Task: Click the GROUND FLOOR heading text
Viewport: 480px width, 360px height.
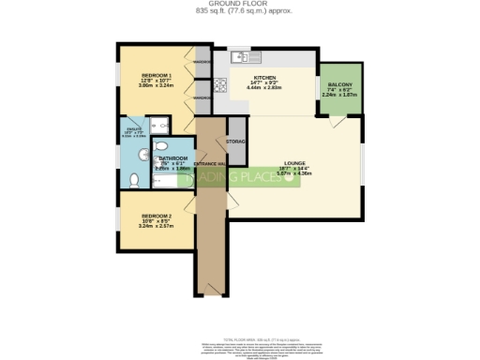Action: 239,3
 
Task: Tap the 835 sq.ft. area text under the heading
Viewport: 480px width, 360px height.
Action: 239,10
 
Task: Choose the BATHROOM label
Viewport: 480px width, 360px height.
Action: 174,158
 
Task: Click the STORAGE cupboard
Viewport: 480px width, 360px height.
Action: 236,141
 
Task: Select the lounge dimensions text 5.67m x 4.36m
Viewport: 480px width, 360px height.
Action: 292,174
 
